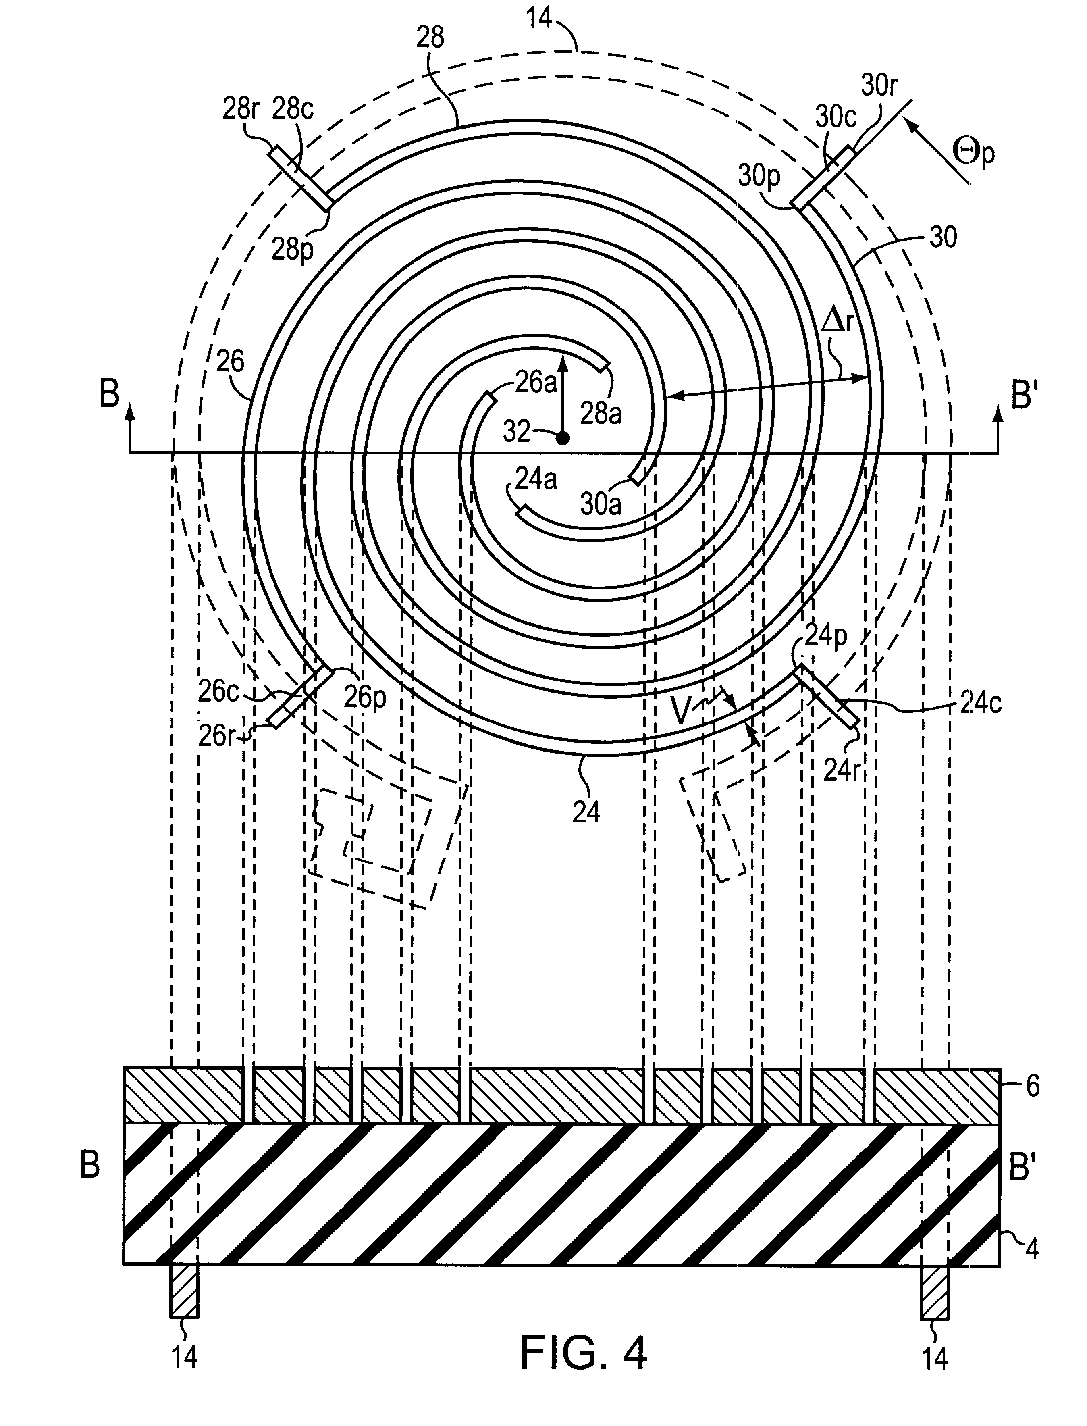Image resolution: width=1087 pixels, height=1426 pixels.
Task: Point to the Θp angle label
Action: click(973, 154)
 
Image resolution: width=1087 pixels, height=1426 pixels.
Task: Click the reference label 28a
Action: click(601, 413)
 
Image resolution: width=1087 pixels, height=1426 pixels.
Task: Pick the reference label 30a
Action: click(601, 504)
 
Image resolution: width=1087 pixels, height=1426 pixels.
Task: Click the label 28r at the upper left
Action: click(241, 109)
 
